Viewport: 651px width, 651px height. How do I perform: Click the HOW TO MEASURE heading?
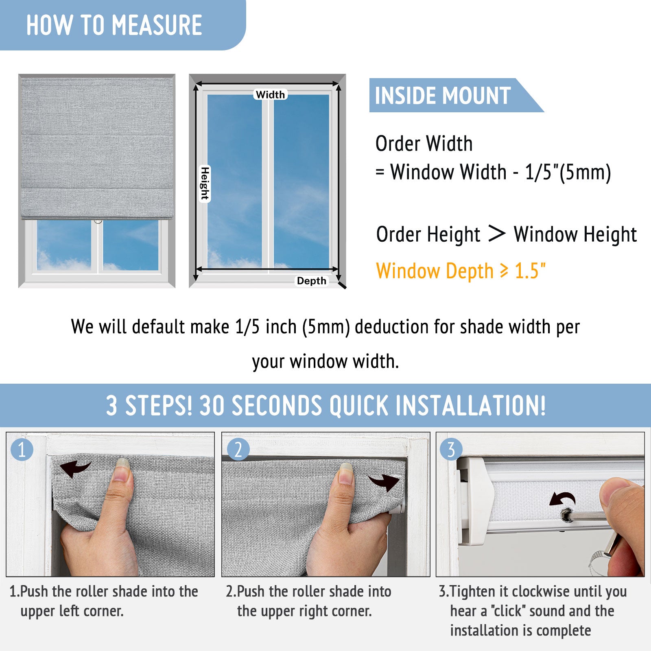(x=114, y=25)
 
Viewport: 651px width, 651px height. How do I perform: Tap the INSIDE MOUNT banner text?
(x=443, y=96)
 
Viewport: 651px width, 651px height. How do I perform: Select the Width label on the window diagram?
(x=270, y=94)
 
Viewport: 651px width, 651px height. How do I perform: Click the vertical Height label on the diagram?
(x=205, y=184)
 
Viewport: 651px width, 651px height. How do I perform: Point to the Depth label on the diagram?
(x=311, y=281)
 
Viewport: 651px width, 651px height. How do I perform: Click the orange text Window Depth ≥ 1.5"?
(x=461, y=271)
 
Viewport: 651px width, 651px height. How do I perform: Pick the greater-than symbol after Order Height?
(x=497, y=234)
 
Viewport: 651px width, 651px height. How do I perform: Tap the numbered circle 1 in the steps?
(x=22, y=450)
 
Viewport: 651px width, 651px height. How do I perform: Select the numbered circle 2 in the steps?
(x=238, y=450)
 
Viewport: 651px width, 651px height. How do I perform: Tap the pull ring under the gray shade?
(x=98, y=221)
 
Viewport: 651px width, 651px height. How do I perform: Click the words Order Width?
(x=424, y=144)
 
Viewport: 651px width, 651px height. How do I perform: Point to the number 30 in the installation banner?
(x=212, y=406)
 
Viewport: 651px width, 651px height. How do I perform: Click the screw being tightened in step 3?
(x=566, y=516)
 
